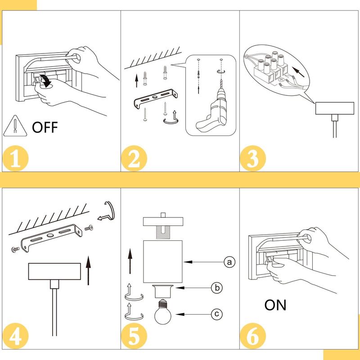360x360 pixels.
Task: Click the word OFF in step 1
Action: pos(45,127)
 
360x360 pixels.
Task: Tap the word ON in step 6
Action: pos(275,305)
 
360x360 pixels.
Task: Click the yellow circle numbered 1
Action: pos(15,158)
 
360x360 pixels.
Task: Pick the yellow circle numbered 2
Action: pos(134,158)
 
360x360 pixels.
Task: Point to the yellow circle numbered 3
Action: pos(253,158)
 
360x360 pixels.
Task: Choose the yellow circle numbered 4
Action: pos(15,336)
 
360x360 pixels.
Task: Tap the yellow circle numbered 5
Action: pos(134,336)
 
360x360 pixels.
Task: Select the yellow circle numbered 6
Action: pos(253,336)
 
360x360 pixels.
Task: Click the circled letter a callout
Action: pos(229,262)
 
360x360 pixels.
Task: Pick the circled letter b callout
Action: pos(217,288)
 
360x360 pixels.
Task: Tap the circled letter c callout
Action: pos(217,314)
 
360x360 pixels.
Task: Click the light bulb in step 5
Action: pos(163,311)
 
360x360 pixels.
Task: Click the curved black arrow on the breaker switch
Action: pos(46,81)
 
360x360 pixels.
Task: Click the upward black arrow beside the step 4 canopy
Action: pos(88,270)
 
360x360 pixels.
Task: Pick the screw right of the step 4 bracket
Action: pos(89,228)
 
